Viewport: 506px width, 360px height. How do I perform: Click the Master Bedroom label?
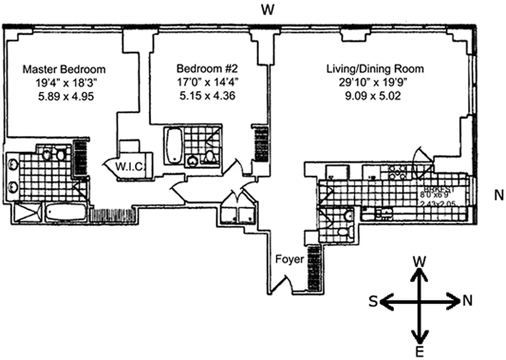pyautogui.click(x=64, y=69)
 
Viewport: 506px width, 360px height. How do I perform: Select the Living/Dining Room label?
pyautogui.click(x=375, y=69)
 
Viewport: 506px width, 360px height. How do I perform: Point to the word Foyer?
pyautogui.click(x=290, y=260)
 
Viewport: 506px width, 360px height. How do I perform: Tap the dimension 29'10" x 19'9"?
pyautogui.click(x=375, y=83)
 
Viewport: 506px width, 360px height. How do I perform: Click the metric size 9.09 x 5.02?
pyautogui.click(x=375, y=96)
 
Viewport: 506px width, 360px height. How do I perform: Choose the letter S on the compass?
pyautogui.click(x=373, y=302)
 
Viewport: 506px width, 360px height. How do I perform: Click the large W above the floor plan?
pyautogui.click(x=268, y=10)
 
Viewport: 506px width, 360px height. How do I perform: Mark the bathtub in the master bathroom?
pyautogui.click(x=66, y=212)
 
